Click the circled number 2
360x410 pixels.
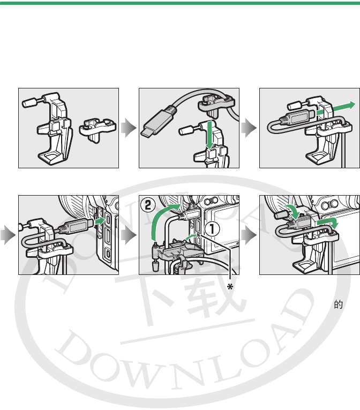click(148, 205)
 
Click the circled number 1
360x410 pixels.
click(212, 229)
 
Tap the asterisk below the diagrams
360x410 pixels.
click(230, 287)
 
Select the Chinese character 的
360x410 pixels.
click(338, 304)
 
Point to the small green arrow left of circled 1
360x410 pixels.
click(191, 237)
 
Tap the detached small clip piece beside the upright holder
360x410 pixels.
click(97, 129)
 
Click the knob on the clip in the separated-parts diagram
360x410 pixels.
click(29, 102)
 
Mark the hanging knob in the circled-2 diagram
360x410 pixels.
click(155, 267)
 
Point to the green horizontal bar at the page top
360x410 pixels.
click(180, 3)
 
